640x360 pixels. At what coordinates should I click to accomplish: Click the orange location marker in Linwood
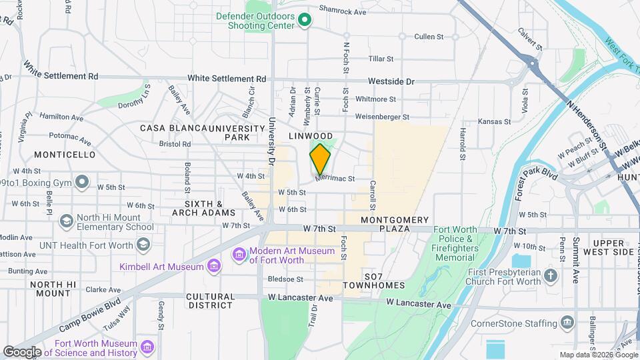click(x=320, y=159)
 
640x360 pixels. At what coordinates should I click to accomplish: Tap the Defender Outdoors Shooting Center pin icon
click(x=305, y=19)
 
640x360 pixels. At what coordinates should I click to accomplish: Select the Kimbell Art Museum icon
click(x=213, y=267)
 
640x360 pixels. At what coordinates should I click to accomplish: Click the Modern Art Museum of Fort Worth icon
click(x=239, y=255)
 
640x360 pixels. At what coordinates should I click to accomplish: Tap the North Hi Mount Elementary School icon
click(x=66, y=221)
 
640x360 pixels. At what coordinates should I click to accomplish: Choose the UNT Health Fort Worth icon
click(x=143, y=245)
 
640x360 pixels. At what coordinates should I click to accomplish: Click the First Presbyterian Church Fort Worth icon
click(x=550, y=275)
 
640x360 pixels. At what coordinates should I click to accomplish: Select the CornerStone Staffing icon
click(x=567, y=323)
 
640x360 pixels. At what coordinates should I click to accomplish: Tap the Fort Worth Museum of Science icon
click(x=148, y=347)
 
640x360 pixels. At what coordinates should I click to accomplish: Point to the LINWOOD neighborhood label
click(x=310, y=135)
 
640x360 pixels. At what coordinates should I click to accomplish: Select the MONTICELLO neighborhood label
click(x=65, y=155)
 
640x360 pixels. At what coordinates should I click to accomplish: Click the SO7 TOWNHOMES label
click(x=374, y=280)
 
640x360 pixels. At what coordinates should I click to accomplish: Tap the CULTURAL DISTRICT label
click(x=210, y=301)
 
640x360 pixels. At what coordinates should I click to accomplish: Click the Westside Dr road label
click(x=392, y=82)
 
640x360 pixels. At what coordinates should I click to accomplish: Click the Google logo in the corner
click(x=22, y=351)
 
